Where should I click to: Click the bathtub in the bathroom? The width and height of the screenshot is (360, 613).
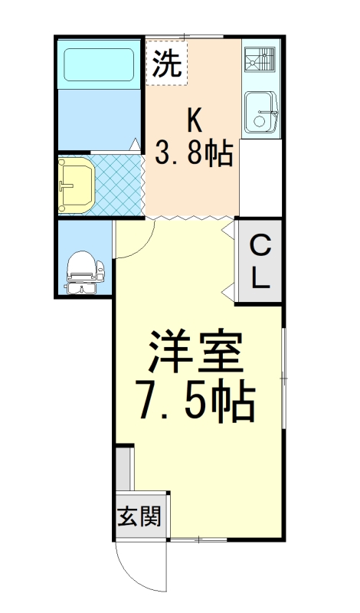99,64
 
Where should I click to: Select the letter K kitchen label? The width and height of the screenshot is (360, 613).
195,120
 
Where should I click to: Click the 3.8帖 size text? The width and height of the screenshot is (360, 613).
194,154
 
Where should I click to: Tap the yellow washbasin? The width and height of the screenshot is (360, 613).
76,184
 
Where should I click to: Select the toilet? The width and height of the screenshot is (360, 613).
83,272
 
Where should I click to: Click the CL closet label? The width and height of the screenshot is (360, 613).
260,262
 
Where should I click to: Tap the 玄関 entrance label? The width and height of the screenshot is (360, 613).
139,516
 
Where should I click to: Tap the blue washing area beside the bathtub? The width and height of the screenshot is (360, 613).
99,118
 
